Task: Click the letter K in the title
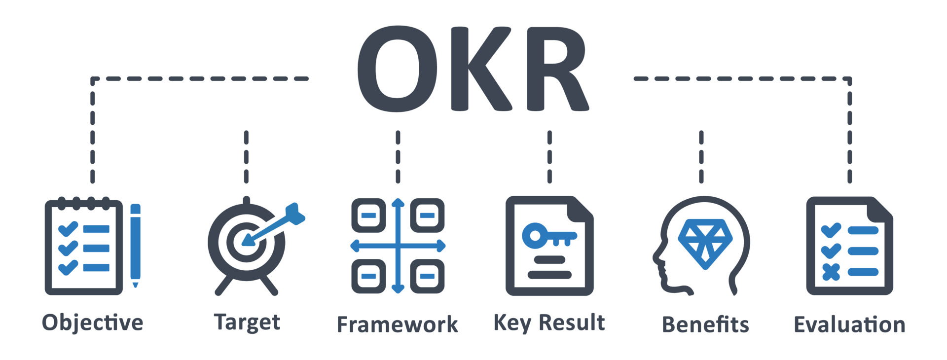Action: point(481,69)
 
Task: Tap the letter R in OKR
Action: point(555,69)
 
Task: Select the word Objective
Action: point(93,323)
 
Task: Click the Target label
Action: point(247,323)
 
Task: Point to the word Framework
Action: point(397,324)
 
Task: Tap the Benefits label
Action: point(705,324)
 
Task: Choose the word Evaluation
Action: point(849,324)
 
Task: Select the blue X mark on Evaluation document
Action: point(831,272)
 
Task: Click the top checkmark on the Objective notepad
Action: point(68,229)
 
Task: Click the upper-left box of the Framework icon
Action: point(368,216)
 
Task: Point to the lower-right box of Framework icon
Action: point(427,276)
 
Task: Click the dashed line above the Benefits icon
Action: point(701,157)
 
